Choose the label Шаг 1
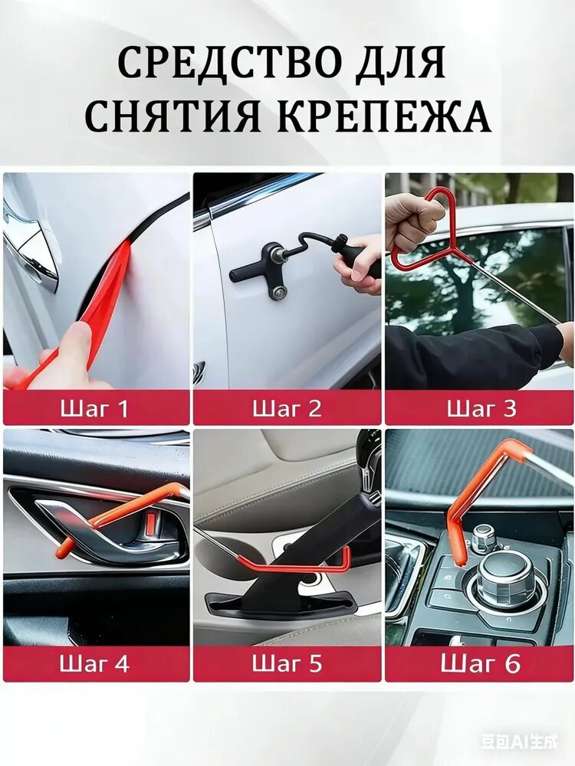pos(94,408)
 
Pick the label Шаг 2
pos(287,408)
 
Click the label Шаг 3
pos(481,408)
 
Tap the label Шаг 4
pos(94,663)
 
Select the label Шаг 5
pos(287,663)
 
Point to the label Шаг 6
pos(481,663)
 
